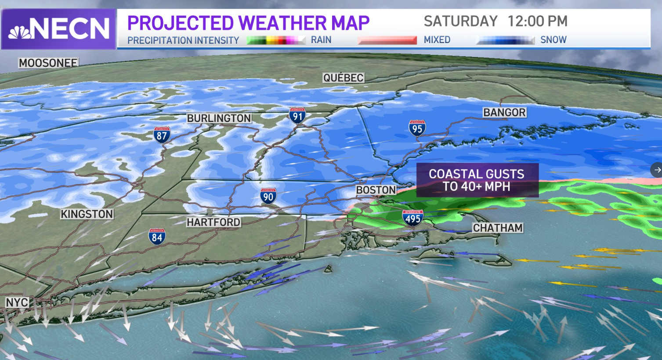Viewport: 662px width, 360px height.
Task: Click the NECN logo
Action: click(x=58, y=29)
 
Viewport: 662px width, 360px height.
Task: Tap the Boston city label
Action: click(x=376, y=190)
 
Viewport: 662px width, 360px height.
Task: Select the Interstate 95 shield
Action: click(x=416, y=128)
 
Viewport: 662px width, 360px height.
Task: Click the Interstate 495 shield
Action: click(x=412, y=218)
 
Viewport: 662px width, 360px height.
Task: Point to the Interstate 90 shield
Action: click(x=268, y=196)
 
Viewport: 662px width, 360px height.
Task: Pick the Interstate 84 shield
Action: click(x=157, y=237)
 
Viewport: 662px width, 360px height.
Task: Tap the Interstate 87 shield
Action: click(x=162, y=135)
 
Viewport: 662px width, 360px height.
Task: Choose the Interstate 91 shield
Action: click(x=297, y=115)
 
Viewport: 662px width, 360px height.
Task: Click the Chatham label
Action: click(x=498, y=228)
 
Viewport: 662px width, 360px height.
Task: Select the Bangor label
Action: click(x=504, y=112)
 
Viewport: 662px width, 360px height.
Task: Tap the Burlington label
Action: click(x=219, y=118)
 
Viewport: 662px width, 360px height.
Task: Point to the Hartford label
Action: click(x=213, y=222)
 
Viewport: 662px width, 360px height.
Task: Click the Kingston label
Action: click(x=87, y=214)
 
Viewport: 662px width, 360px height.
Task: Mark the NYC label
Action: click(x=17, y=302)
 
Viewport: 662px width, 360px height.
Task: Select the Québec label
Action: click(x=343, y=78)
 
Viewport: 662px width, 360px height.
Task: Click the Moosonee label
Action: click(x=48, y=63)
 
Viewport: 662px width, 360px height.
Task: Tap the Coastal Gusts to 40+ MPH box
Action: click(x=477, y=180)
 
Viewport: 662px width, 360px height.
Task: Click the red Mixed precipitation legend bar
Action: click(x=387, y=40)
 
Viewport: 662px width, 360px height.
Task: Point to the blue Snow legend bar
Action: click(x=505, y=40)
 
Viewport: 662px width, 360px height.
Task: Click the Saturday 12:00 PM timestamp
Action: click(x=495, y=21)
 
